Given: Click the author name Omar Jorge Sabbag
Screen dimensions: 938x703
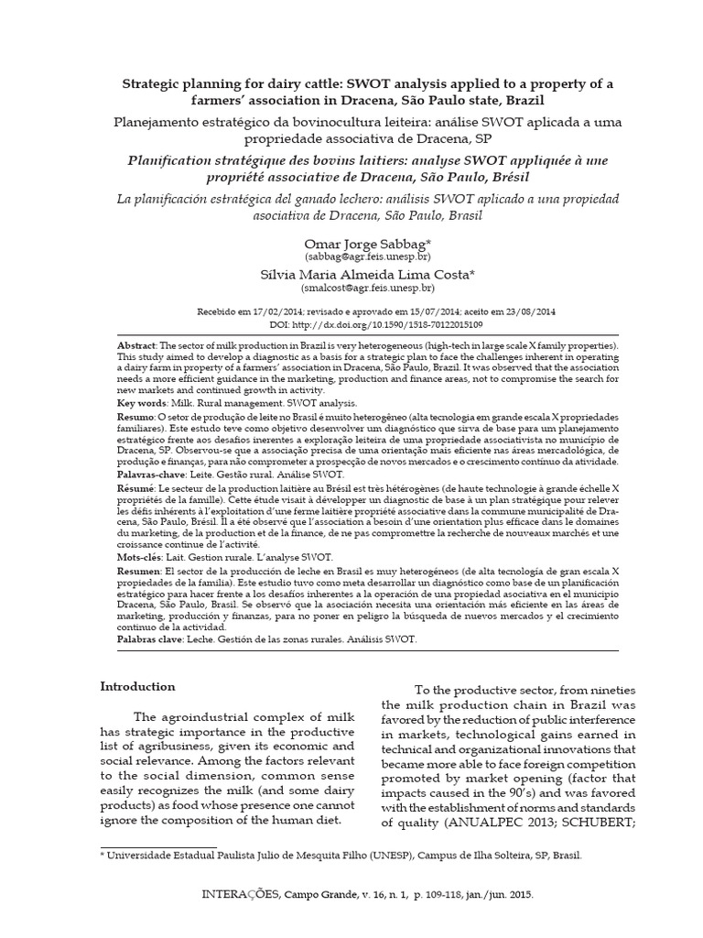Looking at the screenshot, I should coord(351,243).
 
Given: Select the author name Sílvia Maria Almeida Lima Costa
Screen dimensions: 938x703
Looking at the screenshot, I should coord(351,274).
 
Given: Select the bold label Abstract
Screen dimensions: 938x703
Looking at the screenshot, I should coord(137,342).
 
